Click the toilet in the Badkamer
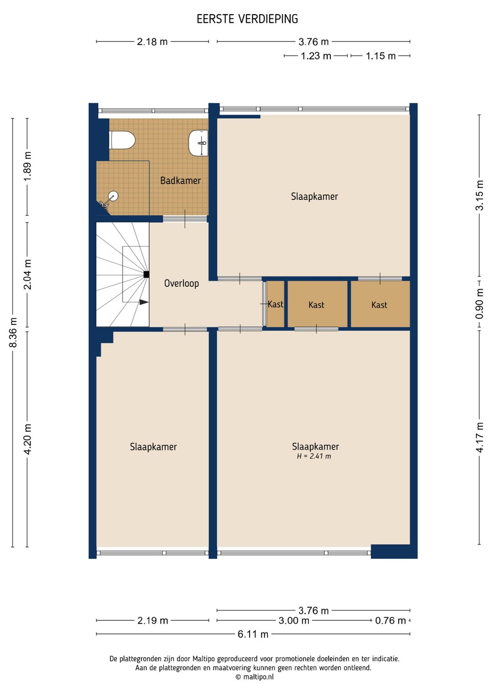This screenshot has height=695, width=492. click(x=122, y=140)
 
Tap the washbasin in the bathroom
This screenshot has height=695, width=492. click(x=198, y=143)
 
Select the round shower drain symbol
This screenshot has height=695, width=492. click(x=113, y=195)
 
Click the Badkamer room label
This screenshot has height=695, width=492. click(x=180, y=180)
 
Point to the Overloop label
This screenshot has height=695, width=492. click(x=182, y=283)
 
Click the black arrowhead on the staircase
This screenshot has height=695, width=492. click(x=143, y=302)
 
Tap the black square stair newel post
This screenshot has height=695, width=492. click(x=146, y=274)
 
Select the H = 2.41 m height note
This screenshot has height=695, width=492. click(x=314, y=456)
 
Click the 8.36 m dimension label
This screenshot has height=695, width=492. click(x=14, y=332)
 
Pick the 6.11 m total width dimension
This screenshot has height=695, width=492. click(x=253, y=634)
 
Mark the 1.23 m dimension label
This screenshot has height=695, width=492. click(x=316, y=56)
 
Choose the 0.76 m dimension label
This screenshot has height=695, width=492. click(x=390, y=620)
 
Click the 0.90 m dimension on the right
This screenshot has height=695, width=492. click(x=480, y=304)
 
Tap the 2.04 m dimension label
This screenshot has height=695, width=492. click(x=28, y=274)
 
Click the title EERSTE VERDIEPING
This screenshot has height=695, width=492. click(x=247, y=19)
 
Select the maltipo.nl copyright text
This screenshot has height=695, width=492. click(x=255, y=677)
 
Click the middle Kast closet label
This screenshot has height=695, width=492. click(x=316, y=305)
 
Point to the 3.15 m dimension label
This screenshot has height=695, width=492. click(x=480, y=195)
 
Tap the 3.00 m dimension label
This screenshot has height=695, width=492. click(x=294, y=620)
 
